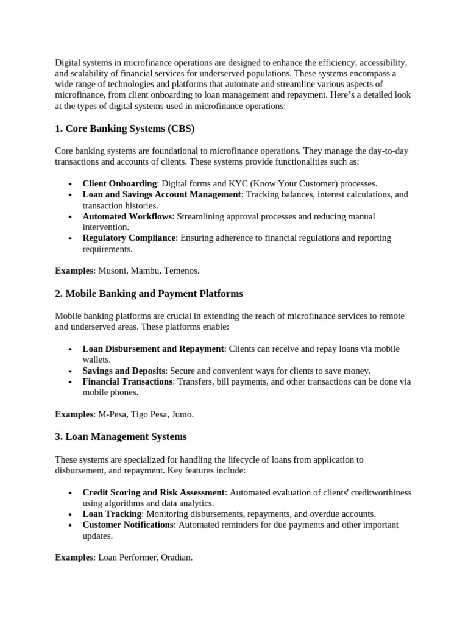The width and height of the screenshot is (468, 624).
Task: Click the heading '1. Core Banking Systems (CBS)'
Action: coord(124,129)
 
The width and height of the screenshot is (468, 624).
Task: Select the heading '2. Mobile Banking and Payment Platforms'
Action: coord(149,293)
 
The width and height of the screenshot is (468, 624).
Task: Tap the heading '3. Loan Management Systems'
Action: coord(121,436)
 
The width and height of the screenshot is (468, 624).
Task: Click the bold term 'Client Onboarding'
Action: coord(119,183)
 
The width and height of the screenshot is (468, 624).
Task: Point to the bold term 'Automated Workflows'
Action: coord(127,216)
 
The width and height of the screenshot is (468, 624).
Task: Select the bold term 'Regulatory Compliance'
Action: coord(129,238)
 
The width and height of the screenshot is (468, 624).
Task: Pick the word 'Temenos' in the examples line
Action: coord(182,270)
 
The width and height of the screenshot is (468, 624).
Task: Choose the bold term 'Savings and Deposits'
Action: coord(124,370)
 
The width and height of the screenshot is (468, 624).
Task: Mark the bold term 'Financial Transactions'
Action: coord(127,381)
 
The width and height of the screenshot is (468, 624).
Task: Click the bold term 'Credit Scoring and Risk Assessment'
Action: coord(154,492)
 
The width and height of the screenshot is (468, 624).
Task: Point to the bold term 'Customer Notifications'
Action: coord(128,525)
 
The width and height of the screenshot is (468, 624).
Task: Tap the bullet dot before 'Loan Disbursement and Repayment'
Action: coord(71,349)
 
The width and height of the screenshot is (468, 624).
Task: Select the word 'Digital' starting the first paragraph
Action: coord(68,63)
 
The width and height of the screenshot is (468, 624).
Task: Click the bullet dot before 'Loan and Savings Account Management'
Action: coord(71,195)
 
